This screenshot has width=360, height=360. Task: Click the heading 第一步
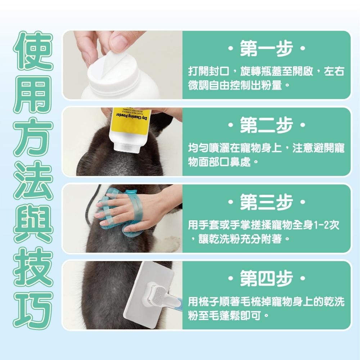point(266,50)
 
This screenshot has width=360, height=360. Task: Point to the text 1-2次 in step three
point(326,226)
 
